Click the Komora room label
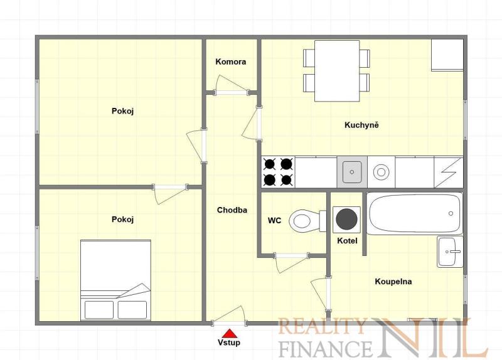coord(230,61)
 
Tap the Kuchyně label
coord(361,125)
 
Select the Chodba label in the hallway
coord(232,210)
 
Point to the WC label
coord(274,220)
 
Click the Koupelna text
coord(393,282)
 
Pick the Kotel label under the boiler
coord(347,241)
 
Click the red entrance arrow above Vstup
coord(229,334)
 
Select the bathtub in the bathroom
coord(414,213)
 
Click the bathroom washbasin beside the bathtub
coord(450,252)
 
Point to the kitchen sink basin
coord(352,172)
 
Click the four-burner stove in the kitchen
coord(278,172)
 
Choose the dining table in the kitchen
coord(337,71)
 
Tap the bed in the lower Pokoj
coord(115,280)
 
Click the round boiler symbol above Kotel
coord(347,220)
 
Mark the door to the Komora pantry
coord(232,85)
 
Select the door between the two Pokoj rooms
coord(169,194)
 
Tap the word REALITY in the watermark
coord(322,326)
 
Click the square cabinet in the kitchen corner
coord(447,55)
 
